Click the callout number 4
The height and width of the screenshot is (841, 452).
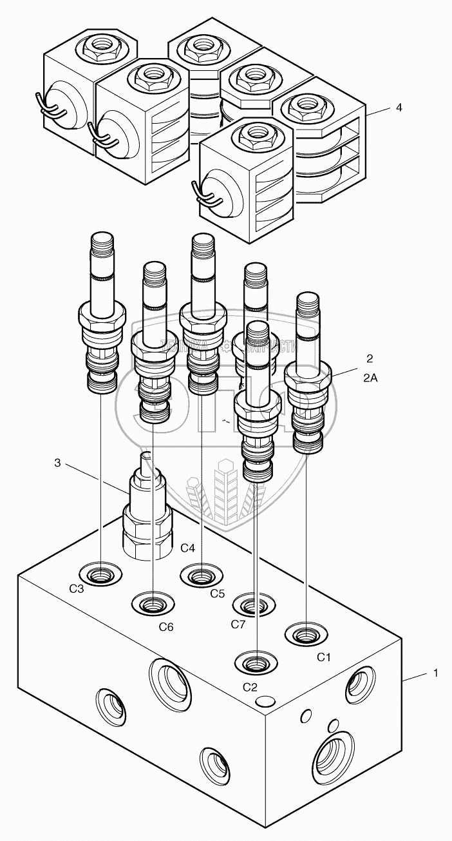coord(399,108)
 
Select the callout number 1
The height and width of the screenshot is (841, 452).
coord(436,673)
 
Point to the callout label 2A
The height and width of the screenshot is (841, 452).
coord(370,379)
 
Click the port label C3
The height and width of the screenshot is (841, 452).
coord(77,588)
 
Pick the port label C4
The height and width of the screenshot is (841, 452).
coord(187,548)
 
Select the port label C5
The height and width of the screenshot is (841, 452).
coord(217,593)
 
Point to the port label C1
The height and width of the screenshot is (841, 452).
coord(323,657)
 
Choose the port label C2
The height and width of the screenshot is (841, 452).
coord(250,686)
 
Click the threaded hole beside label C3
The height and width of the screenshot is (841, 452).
coord(101,572)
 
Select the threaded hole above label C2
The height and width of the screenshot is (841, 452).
coord(256,661)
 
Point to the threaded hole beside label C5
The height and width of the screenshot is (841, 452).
coord(202,573)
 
